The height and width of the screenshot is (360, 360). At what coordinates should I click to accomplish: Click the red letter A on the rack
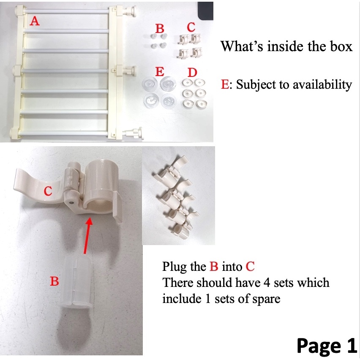[x=35, y=21]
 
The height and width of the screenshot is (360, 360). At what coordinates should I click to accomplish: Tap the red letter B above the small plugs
[x=160, y=29]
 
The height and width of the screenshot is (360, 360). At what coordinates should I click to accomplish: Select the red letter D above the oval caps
[x=192, y=73]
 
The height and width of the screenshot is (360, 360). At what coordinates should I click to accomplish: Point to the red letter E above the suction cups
[x=160, y=71]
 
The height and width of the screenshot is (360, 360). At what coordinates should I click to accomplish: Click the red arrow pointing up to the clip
[x=87, y=235]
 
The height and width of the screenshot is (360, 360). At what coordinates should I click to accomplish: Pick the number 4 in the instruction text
[x=267, y=283]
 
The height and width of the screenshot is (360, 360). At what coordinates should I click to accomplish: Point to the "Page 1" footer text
[x=327, y=346]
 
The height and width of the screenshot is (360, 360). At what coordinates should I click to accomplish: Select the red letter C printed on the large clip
[x=48, y=191]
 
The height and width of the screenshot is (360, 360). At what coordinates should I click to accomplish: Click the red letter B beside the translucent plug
[x=55, y=281]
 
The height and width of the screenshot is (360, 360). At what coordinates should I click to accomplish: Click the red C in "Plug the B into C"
[x=250, y=267]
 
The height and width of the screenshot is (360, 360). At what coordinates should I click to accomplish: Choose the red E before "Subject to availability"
[x=225, y=84]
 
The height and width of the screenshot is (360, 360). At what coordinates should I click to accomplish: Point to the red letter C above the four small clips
[x=191, y=27]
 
